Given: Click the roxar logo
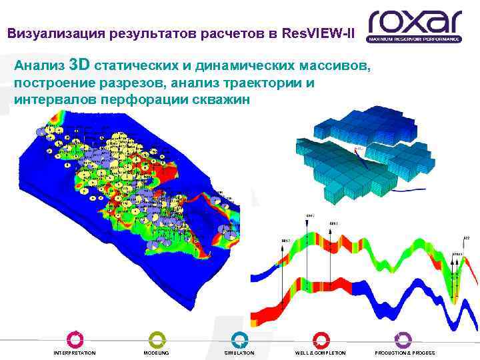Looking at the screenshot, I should (414, 22).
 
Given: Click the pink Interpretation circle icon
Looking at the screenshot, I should (75, 339).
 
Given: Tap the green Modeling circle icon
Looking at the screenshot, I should (157, 339).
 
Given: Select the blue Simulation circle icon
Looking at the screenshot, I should (239, 339).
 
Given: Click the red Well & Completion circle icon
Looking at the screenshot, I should (321, 339).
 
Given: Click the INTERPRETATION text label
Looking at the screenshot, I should (75, 353).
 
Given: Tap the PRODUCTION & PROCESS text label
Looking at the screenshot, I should (405, 353).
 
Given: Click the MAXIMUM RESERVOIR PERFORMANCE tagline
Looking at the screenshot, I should (414, 39).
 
